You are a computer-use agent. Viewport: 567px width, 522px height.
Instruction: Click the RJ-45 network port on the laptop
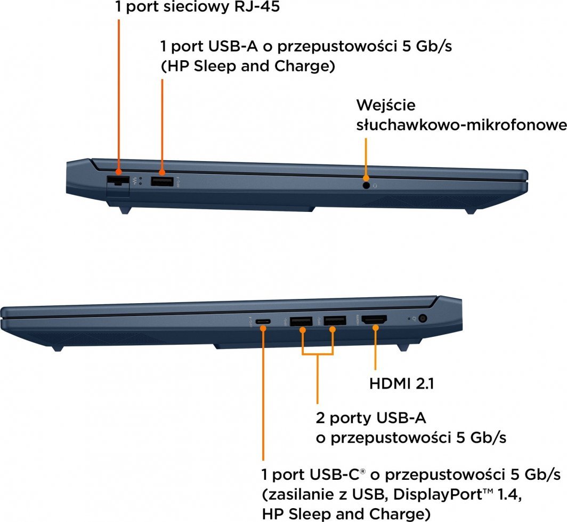(x=118, y=181)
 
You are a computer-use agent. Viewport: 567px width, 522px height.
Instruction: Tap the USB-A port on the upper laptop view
(x=162, y=181)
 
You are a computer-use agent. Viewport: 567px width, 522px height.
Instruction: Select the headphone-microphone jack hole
(x=366, y=185)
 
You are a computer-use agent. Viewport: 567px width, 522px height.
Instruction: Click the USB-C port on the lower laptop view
(x=263, y=321)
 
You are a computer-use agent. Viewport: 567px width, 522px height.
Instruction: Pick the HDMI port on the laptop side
(x=374, y=320)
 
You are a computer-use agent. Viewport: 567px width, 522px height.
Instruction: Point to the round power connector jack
(x=423, y=319)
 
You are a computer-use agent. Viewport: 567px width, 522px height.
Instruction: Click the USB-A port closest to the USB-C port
(x=301, y=321)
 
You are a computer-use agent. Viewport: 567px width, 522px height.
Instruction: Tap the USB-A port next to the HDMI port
(x=335, y=321)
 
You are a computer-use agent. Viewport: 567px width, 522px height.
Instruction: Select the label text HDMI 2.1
(x=401, y=384)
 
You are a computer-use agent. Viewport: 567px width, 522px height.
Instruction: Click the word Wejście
(x=386, y=106)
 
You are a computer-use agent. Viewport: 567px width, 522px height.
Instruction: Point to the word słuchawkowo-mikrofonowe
(x=461, y=125)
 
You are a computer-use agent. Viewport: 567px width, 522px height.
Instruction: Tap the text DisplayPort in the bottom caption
(x=438, y=494)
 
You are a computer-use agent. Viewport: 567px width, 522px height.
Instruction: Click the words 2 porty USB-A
(x=371, y=418)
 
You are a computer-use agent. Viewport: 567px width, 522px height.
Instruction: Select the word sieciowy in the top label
(x=196, y=7)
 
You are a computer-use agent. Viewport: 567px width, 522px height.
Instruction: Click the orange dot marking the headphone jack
(x=366, y=178)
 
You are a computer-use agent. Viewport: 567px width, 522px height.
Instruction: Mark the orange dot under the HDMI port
(x=376, y=328)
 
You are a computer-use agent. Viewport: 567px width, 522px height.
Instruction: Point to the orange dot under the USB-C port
(x=263, y=328)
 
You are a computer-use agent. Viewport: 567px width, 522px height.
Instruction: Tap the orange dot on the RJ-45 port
(x=118, y=172)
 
